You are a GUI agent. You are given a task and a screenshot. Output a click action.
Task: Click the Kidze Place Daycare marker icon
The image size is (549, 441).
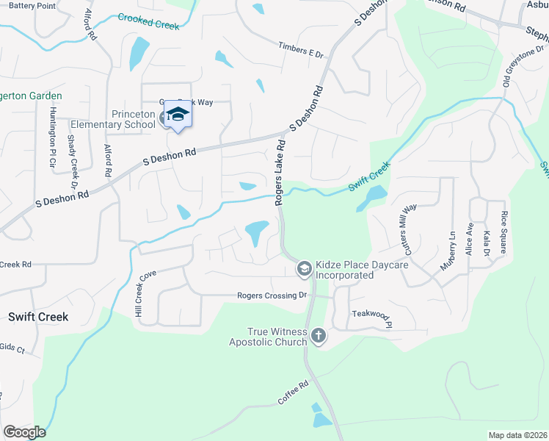pyautogui.click(x=303, y=270)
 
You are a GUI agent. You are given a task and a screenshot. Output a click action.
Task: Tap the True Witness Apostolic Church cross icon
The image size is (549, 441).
pyautogui.click(x=318, y=337)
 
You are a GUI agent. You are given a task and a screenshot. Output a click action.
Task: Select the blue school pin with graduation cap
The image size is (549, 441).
pyautogui.click(x=177, y=114)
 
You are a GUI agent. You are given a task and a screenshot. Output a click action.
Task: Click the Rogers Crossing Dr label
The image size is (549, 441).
pyautogui.click(x=272, y=295)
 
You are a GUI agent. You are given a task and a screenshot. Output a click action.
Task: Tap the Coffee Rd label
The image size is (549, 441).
pyautogui.click(x=293, y=392)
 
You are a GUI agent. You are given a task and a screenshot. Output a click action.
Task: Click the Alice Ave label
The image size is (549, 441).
pyautogui.click(x=469, y=240)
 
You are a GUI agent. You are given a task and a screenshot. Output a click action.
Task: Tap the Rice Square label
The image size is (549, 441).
pyautogui.click(x=503, y=232)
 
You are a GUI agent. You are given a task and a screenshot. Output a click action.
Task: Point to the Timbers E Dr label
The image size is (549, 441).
pyautogui.click(x=300, y=49)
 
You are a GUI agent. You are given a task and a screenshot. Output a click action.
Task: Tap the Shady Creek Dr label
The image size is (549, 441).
pyautogui.click(x=73, y=159)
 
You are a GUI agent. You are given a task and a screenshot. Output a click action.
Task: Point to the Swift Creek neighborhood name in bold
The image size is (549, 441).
pyautogui.click(x=38, y=317)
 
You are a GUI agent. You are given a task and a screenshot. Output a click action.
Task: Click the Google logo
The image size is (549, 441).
pyautogui.click(x=24, y=432)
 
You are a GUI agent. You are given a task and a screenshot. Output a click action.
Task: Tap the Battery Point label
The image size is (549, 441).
pyautogui.click(x=32, y=6)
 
